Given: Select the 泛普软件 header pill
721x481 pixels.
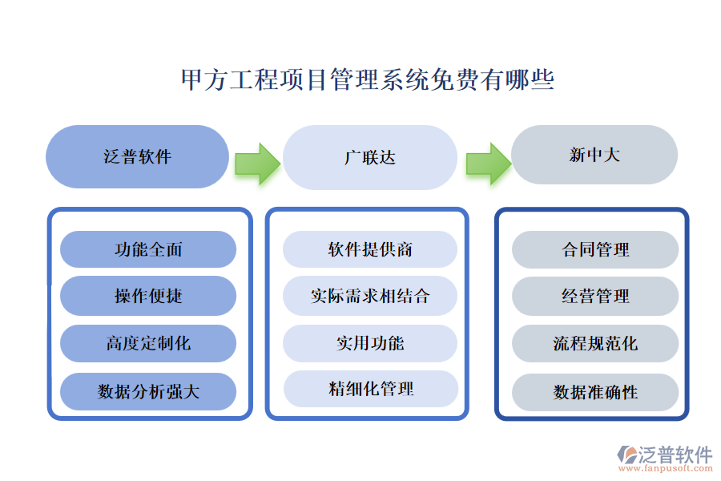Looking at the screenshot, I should click(138, 156).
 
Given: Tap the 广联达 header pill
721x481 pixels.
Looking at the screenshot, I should click(370, 157).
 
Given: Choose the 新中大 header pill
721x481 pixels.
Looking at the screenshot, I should click(594, 155).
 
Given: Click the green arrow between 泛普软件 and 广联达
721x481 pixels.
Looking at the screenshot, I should click(257, 163).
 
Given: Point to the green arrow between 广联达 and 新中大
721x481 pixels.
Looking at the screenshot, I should click(488, 163).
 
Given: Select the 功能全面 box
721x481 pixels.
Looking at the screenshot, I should click(148, 249).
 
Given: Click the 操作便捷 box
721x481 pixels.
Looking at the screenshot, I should click(148, 296).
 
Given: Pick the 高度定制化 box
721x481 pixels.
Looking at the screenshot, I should click(148, 343).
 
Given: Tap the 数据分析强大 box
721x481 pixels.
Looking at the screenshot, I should click(148, 391).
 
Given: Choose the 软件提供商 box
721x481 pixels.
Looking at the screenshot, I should click(370, 249).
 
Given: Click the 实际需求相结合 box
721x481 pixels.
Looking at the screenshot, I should click(370, 296).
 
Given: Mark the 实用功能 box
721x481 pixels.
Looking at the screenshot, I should click(370, 343).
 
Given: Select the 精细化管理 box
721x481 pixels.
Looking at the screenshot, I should click(370, 389).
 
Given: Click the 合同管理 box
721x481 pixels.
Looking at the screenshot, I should click(595, 249).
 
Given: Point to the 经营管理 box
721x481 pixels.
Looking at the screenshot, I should click(595, 296).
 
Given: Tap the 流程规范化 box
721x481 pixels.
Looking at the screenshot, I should click(595, 343).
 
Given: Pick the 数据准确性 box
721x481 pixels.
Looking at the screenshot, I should click(595, 392).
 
